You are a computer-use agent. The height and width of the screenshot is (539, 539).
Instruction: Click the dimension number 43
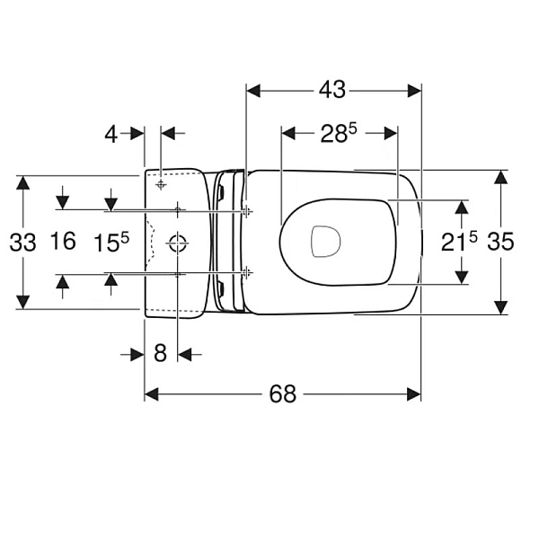pos(331,90)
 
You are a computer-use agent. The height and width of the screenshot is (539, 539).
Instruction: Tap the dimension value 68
pos(283,394)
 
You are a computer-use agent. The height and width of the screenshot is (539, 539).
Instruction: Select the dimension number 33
pos(22,243)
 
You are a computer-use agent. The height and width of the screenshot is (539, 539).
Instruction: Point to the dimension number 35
pos(500,242)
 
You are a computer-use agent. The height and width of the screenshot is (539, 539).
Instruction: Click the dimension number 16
pos(63,241)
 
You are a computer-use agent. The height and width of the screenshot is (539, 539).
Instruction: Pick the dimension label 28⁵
pos(339,133)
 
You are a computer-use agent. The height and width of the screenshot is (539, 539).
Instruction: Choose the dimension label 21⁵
pos(459,242)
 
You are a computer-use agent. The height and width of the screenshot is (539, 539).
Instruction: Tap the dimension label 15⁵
pos(111,243)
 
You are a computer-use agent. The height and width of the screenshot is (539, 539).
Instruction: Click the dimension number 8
pos(160,353)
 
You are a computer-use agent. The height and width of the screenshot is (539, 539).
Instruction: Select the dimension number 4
pos(111,134)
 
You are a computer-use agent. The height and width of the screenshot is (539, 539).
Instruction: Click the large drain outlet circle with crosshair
pos(177,243)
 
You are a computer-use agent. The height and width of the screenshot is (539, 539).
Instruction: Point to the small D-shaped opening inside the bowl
pos(325,242)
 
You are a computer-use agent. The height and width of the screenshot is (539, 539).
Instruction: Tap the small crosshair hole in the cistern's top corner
pos(161,184)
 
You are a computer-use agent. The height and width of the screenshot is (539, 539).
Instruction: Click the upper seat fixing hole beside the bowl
pos(247,211)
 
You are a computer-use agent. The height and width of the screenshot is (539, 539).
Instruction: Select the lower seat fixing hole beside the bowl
pos(247,273)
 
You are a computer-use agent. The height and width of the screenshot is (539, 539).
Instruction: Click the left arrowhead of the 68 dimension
pos(151,394)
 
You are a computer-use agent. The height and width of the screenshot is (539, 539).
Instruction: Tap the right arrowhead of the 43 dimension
pos(414,91)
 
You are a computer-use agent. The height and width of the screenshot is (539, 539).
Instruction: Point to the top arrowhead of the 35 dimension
pos(501,177)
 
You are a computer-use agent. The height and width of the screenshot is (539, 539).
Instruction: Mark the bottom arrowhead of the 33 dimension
pos(23,302)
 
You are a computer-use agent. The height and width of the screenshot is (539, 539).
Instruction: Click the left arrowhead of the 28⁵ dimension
pos(288,133)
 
